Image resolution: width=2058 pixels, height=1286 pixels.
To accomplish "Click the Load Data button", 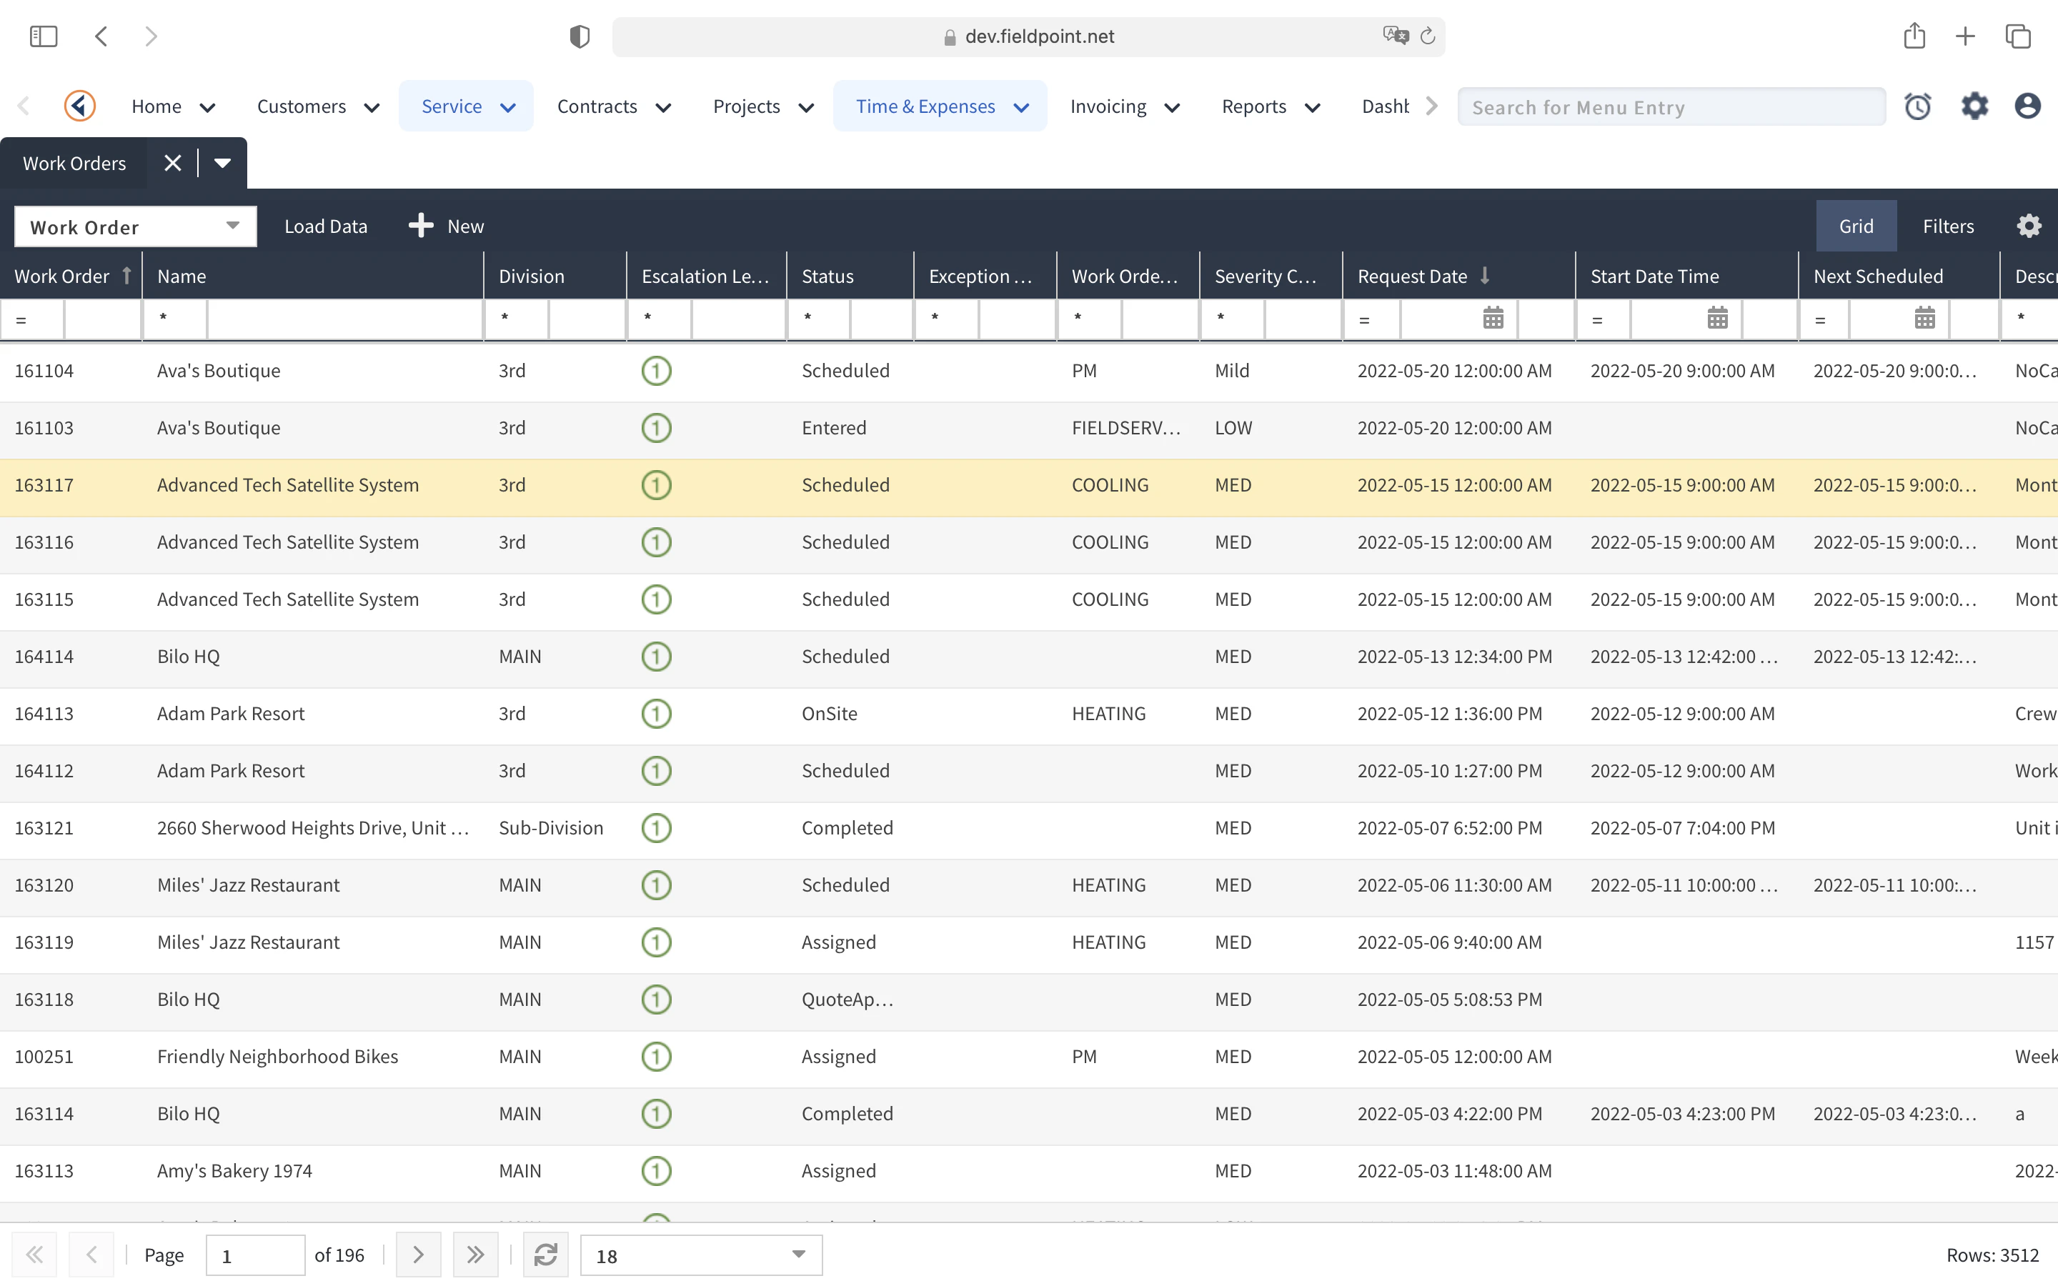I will [x=326, y=226].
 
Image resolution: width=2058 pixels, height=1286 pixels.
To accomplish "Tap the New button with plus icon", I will [x=447, y=226].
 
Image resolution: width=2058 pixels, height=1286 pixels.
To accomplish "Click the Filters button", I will [x=1947, y=226].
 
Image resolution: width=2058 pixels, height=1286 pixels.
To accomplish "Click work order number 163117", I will [x=44, y=485].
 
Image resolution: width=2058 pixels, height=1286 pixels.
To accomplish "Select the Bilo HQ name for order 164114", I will [x=189, y=657].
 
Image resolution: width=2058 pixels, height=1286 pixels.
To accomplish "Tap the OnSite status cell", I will [x=829, y=714].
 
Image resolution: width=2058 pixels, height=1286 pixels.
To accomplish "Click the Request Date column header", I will [x=1413, y=276].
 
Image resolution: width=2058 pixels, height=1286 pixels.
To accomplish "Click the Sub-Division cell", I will [x=551, y=827].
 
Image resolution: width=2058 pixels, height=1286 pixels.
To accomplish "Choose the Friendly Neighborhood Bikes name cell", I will [x=277, y=1057].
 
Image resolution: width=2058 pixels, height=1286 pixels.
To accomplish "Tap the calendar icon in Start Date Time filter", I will [x=1717, y=319].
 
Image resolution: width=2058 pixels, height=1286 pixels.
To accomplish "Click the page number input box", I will [x=255, y=1255].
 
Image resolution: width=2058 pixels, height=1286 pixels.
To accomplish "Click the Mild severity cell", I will [x=1232, y=371].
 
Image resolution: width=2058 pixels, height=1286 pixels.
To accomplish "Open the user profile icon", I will [x=2027, y=106].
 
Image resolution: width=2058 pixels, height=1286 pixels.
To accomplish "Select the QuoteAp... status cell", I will [x=847, y=1000].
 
